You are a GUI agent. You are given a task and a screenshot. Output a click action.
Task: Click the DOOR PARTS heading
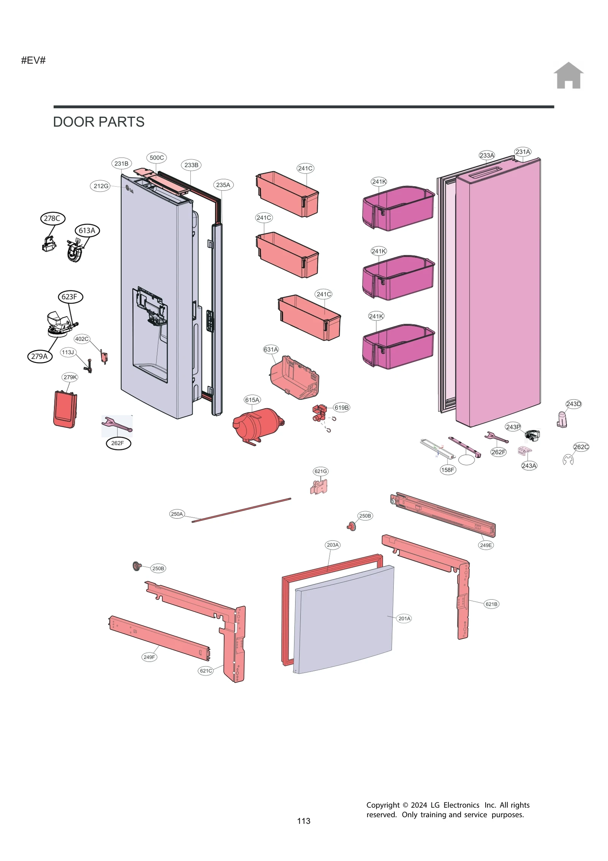click(98, 122)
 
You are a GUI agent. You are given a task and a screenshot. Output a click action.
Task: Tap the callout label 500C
click(156, 158)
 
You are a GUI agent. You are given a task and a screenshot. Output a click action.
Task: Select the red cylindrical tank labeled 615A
click(256, 425)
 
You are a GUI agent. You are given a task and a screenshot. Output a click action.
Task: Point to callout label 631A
click(271, 349)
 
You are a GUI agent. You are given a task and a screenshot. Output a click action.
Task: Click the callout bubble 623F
click(70, 297)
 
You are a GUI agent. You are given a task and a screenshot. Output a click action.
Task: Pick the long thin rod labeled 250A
click(241, 510)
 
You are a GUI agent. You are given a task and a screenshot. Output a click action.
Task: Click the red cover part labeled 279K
click(65, 409)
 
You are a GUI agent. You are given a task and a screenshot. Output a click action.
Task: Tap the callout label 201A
click(404, 618)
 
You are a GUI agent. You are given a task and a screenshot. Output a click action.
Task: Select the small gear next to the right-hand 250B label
click(351, 526)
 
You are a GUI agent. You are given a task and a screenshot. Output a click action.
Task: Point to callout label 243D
click(573, 404)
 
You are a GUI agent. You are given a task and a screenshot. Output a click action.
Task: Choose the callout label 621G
click(320, 471)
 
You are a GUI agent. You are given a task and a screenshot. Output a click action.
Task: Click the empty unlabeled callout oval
click(466, 460)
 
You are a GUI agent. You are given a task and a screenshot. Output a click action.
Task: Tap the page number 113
click(304, 821)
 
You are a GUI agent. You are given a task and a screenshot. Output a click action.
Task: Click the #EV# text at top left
click(33, 60)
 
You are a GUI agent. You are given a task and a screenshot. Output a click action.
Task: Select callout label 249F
click(149, 657)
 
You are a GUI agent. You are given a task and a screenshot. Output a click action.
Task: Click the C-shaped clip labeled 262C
click(568, 460)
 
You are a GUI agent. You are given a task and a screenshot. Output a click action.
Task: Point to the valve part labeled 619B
click(319, 412)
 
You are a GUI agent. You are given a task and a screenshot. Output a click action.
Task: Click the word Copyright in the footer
click(383, 805)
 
